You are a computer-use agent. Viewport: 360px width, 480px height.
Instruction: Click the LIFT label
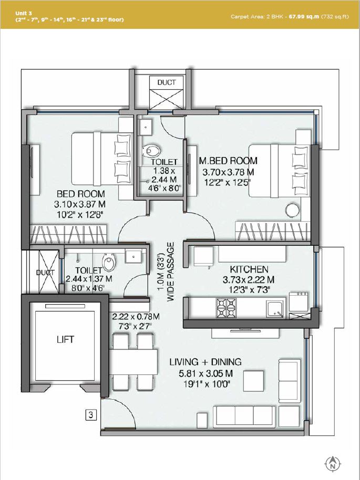pos(65,339)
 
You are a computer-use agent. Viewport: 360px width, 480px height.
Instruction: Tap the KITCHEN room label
pos(249,269)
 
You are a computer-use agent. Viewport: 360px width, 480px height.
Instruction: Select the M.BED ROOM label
pos(228,161)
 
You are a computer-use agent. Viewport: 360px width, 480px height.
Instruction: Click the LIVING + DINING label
pos(205,362)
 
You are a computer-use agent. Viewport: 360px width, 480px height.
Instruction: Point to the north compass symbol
pos(332,463)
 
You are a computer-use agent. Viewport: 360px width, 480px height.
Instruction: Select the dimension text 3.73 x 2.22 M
pos(249,279)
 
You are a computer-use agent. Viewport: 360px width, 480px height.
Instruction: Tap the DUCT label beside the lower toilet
pos(45,273)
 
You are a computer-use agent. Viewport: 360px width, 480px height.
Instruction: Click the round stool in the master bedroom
pos(292,210)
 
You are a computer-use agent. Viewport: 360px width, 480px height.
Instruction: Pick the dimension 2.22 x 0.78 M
pos(136,316)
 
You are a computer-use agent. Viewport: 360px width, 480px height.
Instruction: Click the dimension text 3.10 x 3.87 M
pos(80,204)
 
